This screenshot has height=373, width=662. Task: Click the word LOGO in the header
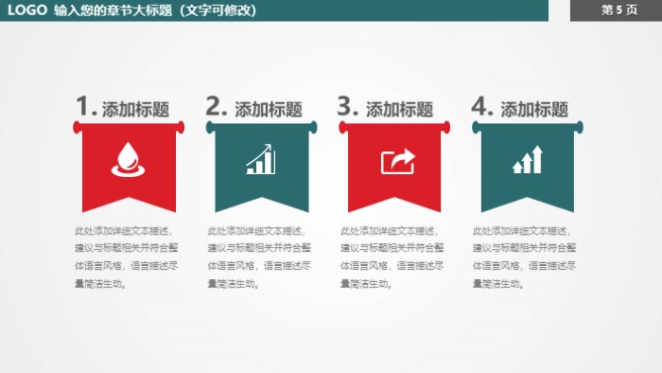pyautogui.click(x=27, y=10)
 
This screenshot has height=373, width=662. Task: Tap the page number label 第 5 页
pyautogui.click(x=618, y=10)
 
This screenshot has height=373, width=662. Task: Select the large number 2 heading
pyautogui.click(x=216, y=106)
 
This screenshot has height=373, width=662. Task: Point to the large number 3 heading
pyautogui.click(x=347, y=106)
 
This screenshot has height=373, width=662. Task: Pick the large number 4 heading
pyautogui.click(x=481, y=106)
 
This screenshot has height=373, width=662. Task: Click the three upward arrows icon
pyautogui.click(x=528, y=160)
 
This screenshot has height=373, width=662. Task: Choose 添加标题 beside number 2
pyautogui.click(x=268, y=109)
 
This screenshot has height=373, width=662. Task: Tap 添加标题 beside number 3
pyautogui.click(x=399, y=109)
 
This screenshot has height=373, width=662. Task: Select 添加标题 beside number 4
pyautogui.click(x=533, y=109)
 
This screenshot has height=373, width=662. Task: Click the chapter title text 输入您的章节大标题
pyautogui.click(x=113, y=10)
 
